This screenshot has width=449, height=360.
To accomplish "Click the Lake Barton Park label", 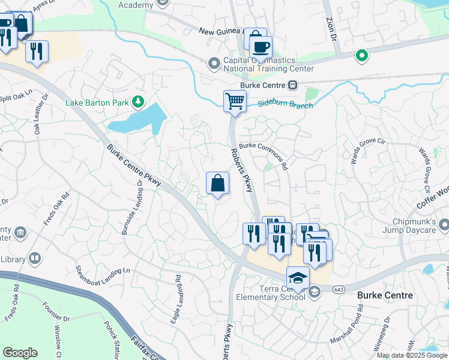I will [97, 103].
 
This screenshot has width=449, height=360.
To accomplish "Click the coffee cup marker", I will [261, 47].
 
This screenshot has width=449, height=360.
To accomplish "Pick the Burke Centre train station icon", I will [293, 85].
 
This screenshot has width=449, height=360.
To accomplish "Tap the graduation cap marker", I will [297, 277].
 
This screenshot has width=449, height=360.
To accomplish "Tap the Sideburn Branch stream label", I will [286, 105].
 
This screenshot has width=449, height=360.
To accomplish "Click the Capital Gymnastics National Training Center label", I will [268, 64].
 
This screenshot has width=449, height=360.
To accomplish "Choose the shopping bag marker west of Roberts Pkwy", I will [217, 184].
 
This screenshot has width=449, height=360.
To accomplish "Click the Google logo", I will [20, 353].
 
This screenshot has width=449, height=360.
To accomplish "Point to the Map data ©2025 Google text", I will [411, 355].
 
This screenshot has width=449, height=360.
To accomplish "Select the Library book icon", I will [35, 259].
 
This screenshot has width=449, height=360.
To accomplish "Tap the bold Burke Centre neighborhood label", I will [384, 295].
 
